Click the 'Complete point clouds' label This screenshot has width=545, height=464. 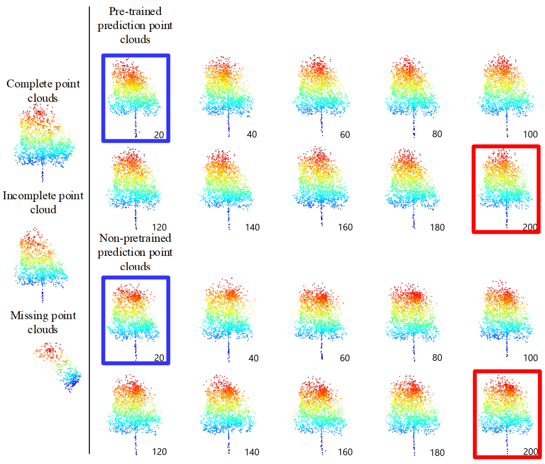pyautogui.click(x=43, y=91)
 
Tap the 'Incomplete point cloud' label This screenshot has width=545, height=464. pyautogui.click(x=43, y=202)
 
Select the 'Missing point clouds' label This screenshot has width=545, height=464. pyautogui.click(x=43, y=322)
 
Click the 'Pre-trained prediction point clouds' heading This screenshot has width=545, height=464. pyautogui.click(x=135, y=26)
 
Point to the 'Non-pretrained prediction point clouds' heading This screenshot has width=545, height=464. pyautogui.click(x=135, y=252)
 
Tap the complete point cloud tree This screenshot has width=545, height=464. pyautogui.click(x=43, y=139)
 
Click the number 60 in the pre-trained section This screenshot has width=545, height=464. pyautogui.click(x=345, y=135)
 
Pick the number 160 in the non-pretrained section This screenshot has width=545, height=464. pyautogui.click(x=345, y=452)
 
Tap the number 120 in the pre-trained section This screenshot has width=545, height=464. pyautogui.click(x=159, y=227)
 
